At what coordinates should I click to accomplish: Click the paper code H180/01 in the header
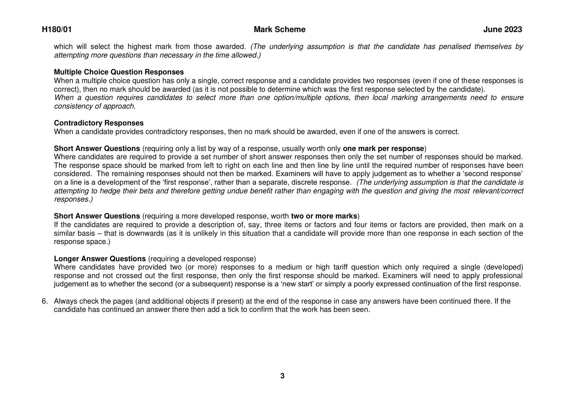click(x=57, y=30)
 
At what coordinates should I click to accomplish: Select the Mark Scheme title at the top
click(x=279, y=30)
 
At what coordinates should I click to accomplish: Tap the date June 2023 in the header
click(x=502, y=30)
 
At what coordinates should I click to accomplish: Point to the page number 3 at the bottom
click(x=282, y=376)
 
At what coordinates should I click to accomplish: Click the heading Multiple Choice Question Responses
click(x=119, y=72)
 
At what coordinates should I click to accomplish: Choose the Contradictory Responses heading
click(x=99, y=123)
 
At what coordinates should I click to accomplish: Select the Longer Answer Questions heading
click(x=100, y=259)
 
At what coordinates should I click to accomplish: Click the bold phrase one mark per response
click(x=383, y=149)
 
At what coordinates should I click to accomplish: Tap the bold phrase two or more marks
click(x=324, y=216)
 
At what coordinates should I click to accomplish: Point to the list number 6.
click(x=45, y=301)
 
